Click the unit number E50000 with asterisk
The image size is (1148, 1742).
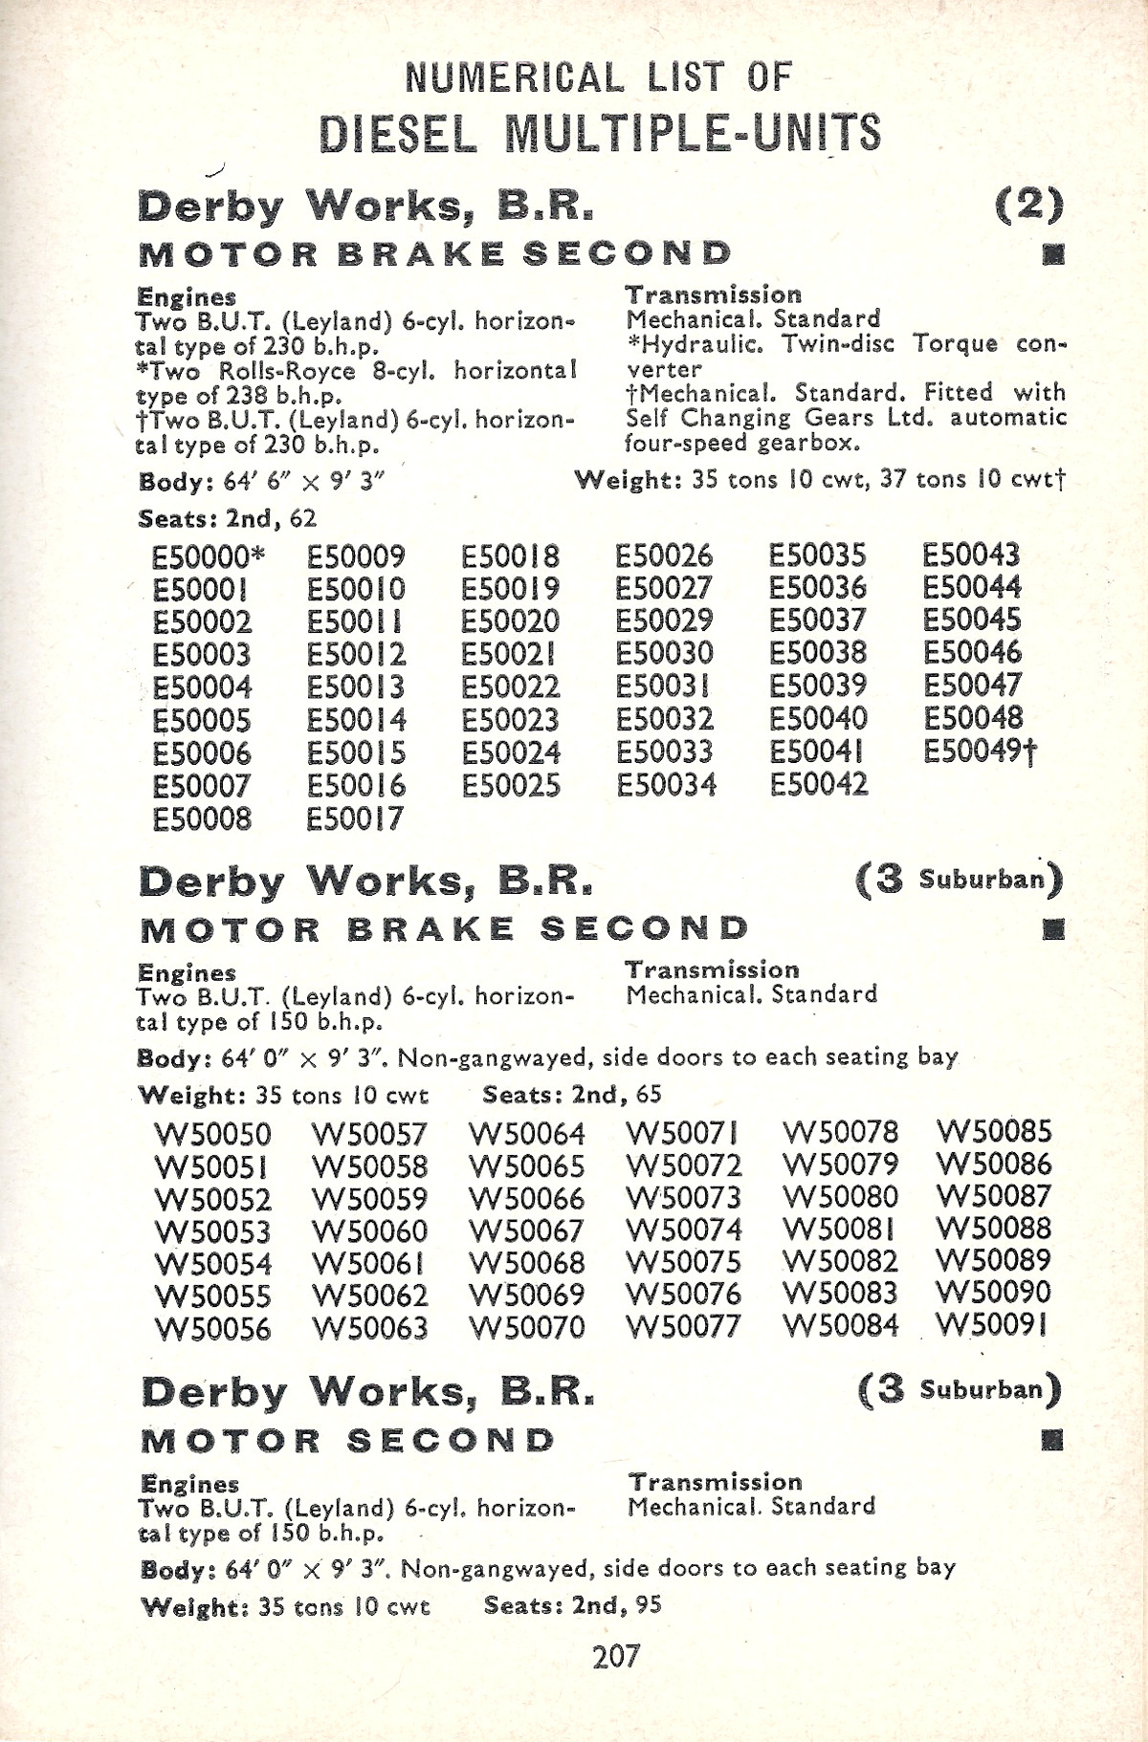(210, 556)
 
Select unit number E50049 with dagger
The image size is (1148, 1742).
(980, 752)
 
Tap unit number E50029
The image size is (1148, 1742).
(664, 621)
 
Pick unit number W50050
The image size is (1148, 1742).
(212, 1135)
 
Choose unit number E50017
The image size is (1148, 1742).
(356, 819)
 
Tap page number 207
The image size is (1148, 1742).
(615, 1656)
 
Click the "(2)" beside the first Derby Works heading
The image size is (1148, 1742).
(1028, 204)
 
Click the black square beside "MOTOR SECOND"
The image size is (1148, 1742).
(1052, 1440)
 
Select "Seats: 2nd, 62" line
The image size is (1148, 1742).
(227, 519)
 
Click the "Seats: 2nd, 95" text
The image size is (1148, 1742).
(572, 1605)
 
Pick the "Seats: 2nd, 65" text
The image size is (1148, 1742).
(571, 1095)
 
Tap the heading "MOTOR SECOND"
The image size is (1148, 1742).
(348, 1441)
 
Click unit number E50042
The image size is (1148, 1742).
(819, 785)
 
